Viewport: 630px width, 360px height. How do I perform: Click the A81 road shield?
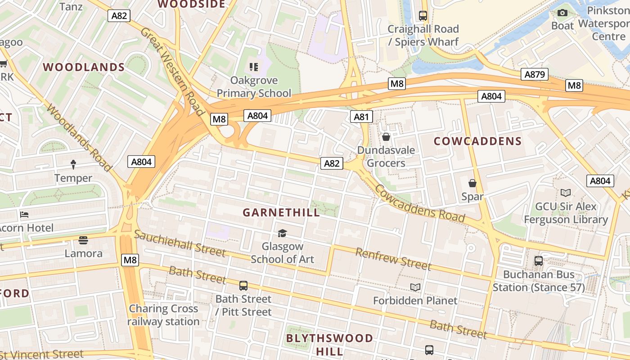361,117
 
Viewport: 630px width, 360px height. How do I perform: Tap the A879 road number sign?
535,74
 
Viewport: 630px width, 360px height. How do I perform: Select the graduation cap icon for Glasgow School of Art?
282,233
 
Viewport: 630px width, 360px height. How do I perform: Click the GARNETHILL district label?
281,212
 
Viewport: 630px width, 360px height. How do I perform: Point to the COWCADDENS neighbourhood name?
477,141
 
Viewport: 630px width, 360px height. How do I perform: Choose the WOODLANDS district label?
84,67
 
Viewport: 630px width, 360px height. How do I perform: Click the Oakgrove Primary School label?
254,87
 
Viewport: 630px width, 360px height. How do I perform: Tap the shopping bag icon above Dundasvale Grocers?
386,137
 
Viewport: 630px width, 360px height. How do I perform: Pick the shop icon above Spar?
472,183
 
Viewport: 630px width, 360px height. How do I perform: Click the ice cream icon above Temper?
73,165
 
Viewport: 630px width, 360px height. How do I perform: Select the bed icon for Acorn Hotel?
24,215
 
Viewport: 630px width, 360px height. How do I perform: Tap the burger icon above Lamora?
83,240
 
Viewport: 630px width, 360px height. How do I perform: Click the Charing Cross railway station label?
163,315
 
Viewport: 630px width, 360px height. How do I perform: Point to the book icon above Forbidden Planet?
415,287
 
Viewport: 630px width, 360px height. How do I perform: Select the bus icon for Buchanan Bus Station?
538,261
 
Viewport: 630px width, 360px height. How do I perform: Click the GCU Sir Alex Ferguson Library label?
566,213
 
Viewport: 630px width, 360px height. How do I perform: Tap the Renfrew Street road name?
393,259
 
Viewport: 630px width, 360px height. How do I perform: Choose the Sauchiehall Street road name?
180,243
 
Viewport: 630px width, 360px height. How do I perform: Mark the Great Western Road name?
173,71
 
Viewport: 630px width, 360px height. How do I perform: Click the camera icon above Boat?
562,13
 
